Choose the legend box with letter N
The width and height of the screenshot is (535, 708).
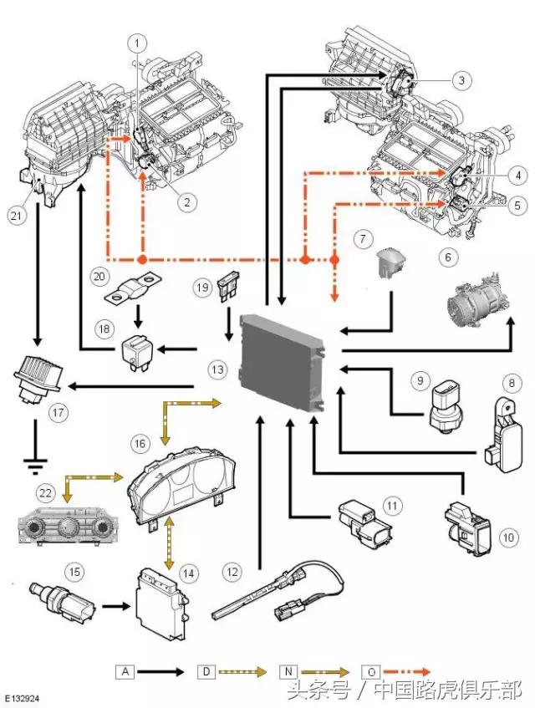click(x=289, y=671)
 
